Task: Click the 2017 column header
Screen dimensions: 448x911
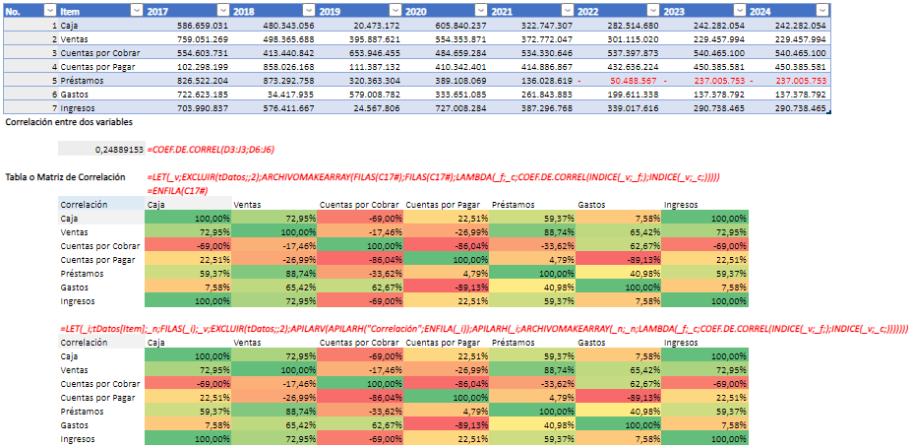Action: pos(157,10)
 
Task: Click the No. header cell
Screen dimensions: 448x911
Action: pos(20,10)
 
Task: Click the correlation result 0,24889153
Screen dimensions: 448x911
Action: pos(115,148)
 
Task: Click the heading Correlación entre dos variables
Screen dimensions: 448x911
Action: pos(69,122)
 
